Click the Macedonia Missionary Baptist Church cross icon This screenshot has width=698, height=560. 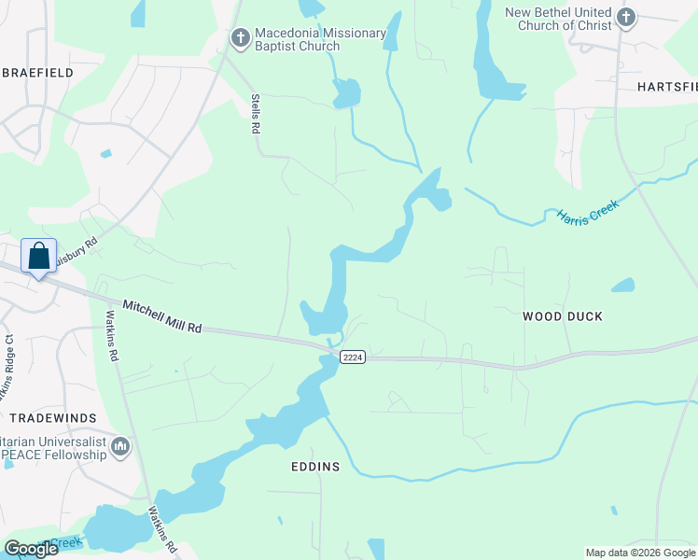point(240,38)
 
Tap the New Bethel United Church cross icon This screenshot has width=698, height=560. point(626,16)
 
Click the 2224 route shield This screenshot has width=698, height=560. point(352,357)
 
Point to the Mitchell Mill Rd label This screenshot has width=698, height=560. point(162,317)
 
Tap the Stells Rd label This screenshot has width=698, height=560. point(254,113)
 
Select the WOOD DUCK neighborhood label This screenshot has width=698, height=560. point(562,316)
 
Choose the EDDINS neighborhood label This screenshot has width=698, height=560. point(314,466)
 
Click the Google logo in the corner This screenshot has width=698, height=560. point(31,548)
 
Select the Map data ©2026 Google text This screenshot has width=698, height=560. point(639,552)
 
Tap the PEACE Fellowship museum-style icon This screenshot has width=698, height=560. point(119,448)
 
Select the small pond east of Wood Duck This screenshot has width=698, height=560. point(622,285)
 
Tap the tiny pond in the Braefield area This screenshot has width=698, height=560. point(105,153)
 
